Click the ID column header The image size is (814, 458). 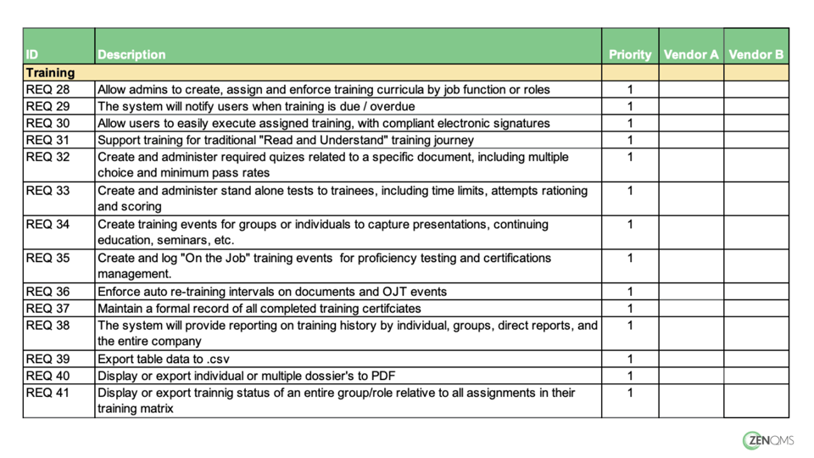tap(32, 54)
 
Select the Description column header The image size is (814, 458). tap(131, 54)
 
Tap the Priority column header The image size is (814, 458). tap(630, 54)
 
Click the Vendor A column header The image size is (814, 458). tap(691, 54)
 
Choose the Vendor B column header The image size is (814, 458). tap(756, 54)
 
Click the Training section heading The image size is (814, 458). tap(50, 73)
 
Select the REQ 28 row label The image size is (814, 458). tap(47, 89)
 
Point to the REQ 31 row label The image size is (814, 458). tap(47, 140)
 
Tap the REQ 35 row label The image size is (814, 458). tap(47, 258)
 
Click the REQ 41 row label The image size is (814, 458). tap(47, 393)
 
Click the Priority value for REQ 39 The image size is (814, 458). tap(630, 359)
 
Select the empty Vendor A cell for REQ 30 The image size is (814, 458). tap(691, 123)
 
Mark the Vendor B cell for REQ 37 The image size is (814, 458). tap(756, 308)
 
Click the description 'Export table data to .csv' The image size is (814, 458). tap(163, 359)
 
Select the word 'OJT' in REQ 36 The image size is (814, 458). tap(398, 291)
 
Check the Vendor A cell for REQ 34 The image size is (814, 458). tap(691, 232)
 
